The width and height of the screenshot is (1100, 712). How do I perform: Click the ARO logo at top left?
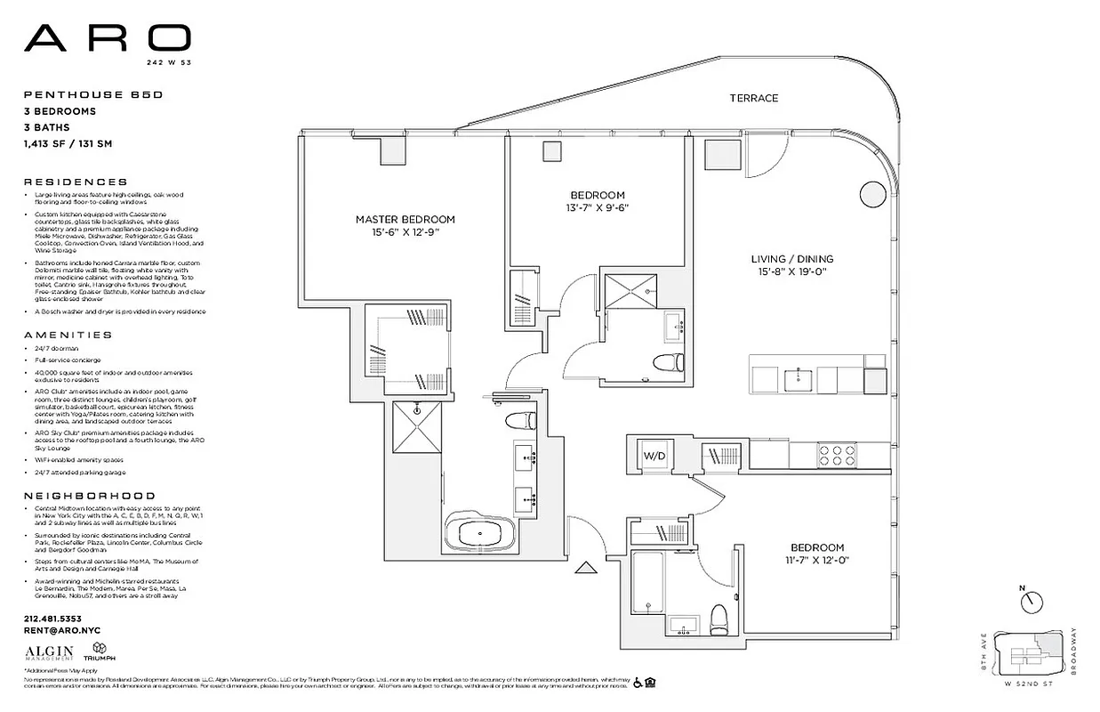click(x=107, y=37)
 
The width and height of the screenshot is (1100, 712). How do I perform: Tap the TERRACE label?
click(x=753, y=98)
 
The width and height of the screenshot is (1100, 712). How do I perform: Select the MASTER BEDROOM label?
click(x=405, y=219)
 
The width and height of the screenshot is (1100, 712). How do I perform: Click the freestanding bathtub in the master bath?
click(x=480, y=535)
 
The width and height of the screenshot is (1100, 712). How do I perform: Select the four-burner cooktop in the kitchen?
click(x=836, y=455)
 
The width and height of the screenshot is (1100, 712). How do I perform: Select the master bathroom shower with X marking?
click(x=414, y=428)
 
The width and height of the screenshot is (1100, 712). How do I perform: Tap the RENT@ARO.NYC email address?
click(x=62, y=630)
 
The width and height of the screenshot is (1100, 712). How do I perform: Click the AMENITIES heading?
click(x=68, y=335)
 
